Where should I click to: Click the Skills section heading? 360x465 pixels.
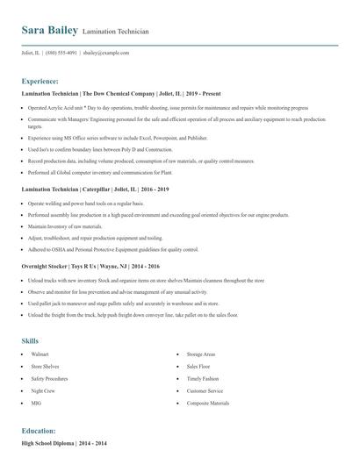pyautogui.click(x=30, y=340)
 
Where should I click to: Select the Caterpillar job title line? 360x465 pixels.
pyautogui.click(x=86, y=189)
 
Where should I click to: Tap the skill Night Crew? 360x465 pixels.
pyautogui.click(x=43, y=390)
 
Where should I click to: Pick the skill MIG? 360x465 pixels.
pyautogui.click(x=36, y=403)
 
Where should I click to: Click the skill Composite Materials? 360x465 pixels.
pyautogui.click(x=207, y=403)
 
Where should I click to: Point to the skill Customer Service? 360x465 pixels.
pyautogui.click(x=205, y=390)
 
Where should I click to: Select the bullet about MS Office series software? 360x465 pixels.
pyautogui.click(x=117, y=138)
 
